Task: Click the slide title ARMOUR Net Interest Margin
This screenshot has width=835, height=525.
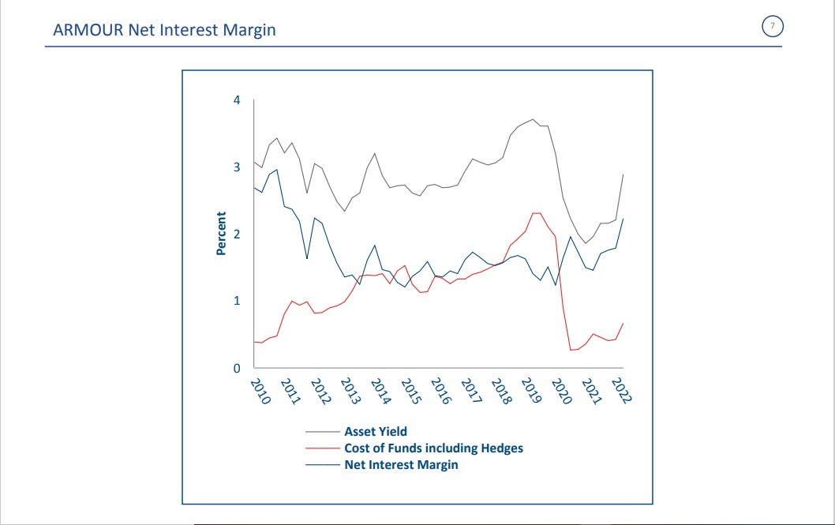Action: point(164,31)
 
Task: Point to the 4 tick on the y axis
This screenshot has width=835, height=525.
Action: point(238,100)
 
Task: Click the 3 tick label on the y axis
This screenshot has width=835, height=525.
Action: point(238,167)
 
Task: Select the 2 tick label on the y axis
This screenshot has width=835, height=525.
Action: point(238,234)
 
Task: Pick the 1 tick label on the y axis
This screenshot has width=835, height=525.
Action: point(238,301)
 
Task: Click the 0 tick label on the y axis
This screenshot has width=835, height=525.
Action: point(238,368)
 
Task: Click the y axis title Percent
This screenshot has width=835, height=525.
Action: point(221,233)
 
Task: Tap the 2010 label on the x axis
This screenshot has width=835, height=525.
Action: point(260,391)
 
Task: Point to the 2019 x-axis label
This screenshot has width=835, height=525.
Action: point(530,391)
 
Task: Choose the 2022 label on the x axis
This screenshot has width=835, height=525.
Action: point(620,391)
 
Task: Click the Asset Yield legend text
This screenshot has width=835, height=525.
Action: point(376,432)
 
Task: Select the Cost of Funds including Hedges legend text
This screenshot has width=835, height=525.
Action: point(433,448)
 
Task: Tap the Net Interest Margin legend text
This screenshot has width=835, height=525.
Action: point(401,465)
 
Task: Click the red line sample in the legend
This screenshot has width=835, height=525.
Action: point(322,448)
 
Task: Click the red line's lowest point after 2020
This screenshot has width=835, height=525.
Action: point(571,350)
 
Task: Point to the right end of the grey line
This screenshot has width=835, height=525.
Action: point(623,174)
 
